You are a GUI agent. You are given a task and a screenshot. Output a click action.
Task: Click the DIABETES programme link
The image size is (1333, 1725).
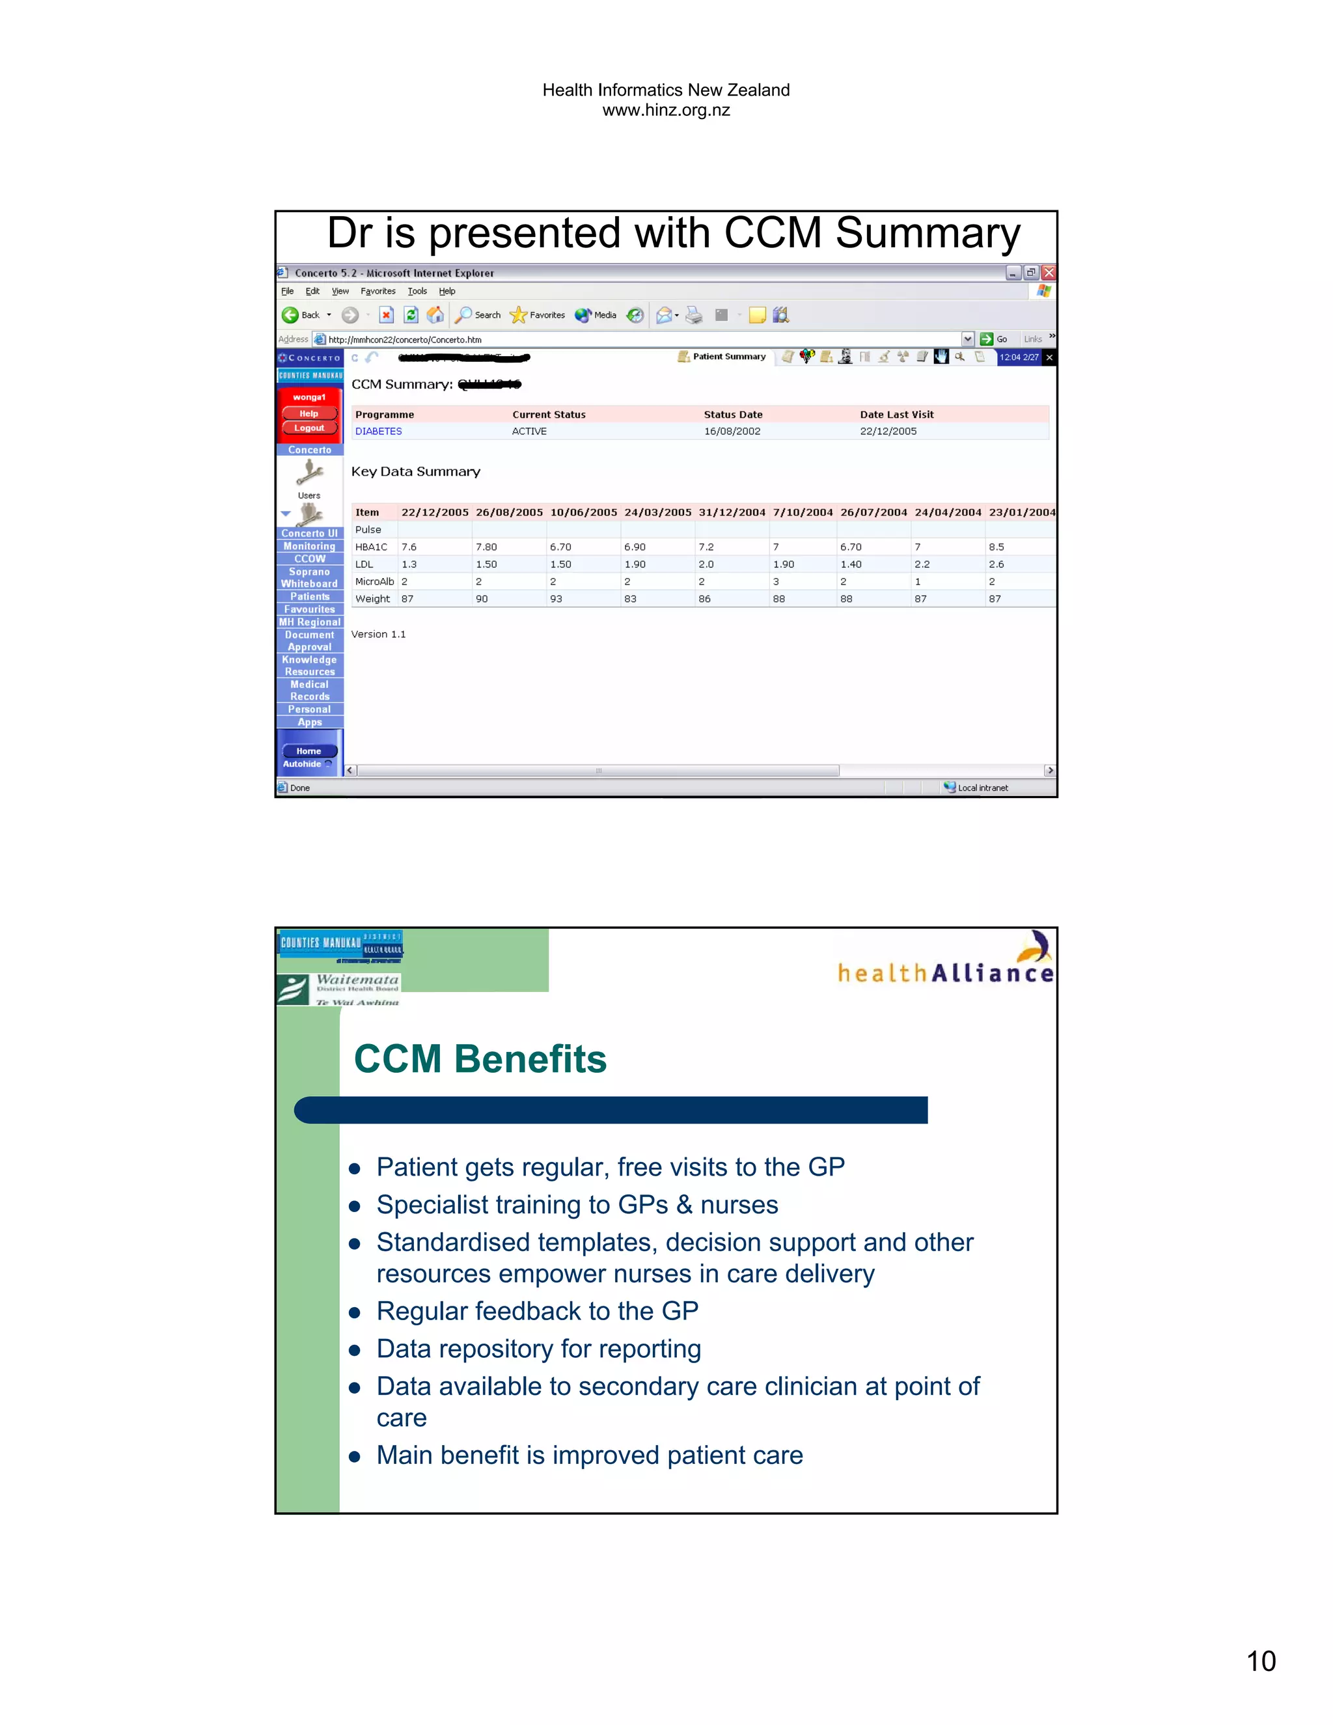point(378,431)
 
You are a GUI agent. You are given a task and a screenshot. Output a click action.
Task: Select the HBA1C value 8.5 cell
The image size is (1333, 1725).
point(996,547)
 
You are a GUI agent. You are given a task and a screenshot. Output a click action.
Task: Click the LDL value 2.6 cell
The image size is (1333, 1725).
point(996,564)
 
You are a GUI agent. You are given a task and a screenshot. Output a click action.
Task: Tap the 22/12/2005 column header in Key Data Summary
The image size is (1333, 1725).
point(434,512)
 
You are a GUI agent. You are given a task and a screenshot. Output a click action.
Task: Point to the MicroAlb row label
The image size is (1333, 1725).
point(374,581)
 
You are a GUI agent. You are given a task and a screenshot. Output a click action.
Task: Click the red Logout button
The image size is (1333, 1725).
point(309,428)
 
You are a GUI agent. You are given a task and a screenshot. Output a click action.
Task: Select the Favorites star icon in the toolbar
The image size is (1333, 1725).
point(518,315)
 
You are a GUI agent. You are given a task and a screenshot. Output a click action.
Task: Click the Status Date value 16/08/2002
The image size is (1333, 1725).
point(732,431)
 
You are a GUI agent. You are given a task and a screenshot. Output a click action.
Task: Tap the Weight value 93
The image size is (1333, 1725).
point(556,599)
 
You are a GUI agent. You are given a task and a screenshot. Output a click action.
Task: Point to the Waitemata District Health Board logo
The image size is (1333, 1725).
point(340,989)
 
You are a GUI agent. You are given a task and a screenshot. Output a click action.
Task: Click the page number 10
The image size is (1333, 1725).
point(1260,1661)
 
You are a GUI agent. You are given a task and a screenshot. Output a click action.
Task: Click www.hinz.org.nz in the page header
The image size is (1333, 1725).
point(666,111)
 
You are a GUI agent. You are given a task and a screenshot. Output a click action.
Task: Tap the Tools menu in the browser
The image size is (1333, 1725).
point(417,292)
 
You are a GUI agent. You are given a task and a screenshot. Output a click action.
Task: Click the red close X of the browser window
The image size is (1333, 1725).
point(1049,273)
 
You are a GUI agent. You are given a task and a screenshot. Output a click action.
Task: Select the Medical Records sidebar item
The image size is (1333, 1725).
point(310,690)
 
